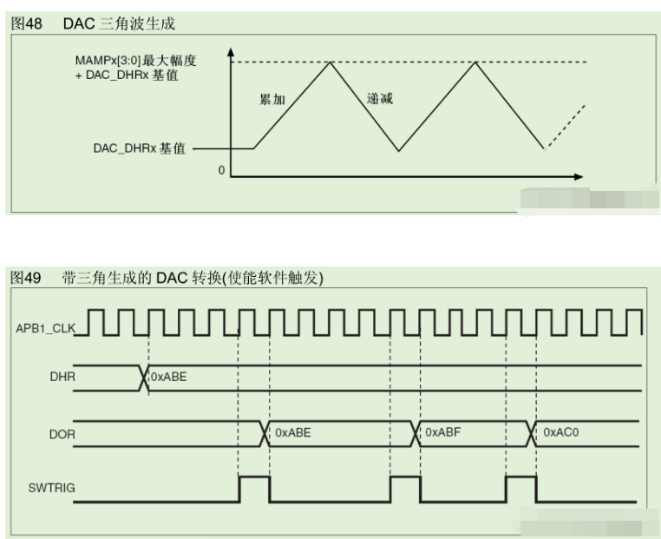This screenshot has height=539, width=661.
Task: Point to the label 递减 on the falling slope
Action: point(380,98)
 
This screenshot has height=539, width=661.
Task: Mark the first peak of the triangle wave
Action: point(329,63)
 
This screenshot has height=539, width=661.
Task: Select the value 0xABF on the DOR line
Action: point(442,431)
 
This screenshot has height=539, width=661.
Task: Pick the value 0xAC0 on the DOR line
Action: point(561,431)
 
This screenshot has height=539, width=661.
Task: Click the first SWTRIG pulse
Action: point(254,488)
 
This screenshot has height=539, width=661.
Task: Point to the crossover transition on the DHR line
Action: point(143,378)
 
